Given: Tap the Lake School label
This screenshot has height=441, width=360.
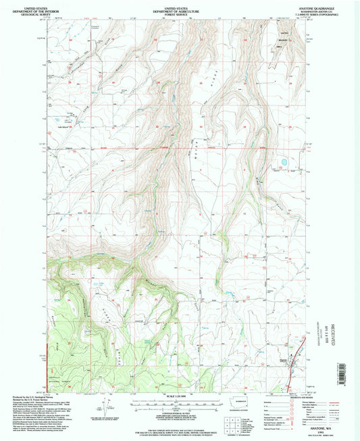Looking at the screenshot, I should (x=66, y=125).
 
